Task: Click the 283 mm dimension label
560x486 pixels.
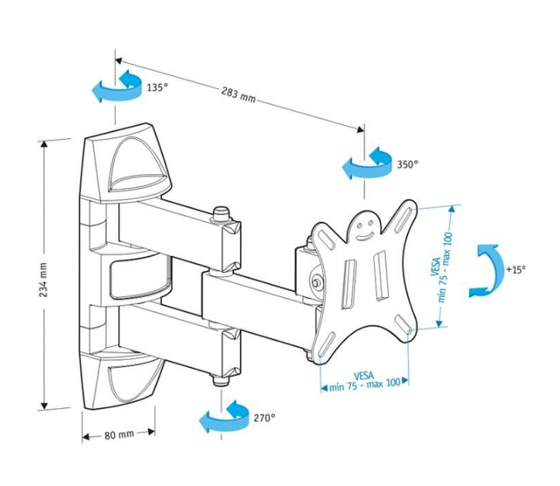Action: click(x=238, y=95)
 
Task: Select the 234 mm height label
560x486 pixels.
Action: click(x=43, y=280)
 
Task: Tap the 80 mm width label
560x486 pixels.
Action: click(x=120, y=435)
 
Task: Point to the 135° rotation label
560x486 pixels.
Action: click(x=157, y=87)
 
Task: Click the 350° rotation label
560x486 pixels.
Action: click(x=408, y=164)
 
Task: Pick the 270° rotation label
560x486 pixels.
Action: click(x=265, y=417)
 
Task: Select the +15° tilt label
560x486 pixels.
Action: click(x=516, y=269)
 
